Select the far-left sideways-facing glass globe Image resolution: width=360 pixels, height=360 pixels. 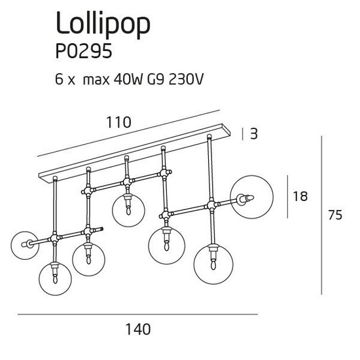pos(26,245)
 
